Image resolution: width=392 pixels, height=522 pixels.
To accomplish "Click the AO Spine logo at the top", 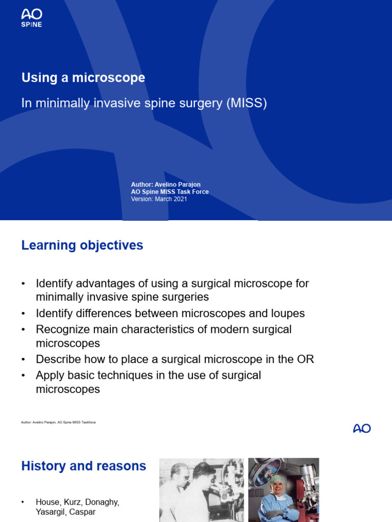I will coord(32,18).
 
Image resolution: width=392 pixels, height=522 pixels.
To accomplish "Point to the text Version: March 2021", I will coord(159,199).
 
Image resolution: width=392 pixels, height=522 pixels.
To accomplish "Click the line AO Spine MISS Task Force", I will coord(170,192).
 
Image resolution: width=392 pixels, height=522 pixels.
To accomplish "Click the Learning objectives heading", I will coord(82,245).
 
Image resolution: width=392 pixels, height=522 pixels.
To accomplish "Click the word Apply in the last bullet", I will coord(50,375).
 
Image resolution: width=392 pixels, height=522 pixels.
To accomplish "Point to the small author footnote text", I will coord(58,422).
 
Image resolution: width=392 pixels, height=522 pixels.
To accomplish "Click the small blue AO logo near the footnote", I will coord(362,428).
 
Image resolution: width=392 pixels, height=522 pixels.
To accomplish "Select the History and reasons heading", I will coord(84,466).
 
